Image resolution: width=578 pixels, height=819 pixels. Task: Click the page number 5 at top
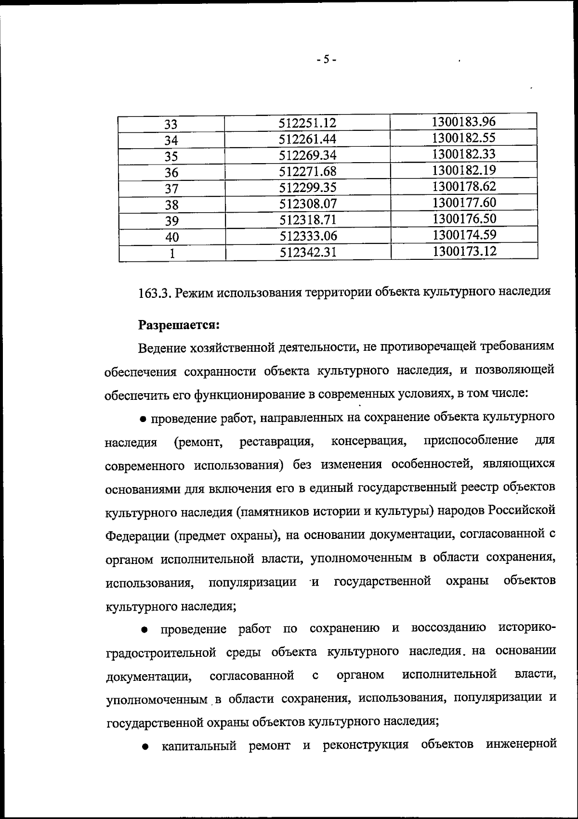[327, 60]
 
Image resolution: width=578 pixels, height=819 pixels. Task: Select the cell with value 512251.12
[307, 123]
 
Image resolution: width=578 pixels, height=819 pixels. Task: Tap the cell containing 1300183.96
[464, 122]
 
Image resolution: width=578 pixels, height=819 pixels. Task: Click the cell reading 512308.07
[308, 204]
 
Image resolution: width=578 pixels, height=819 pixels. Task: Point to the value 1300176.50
[464, 218]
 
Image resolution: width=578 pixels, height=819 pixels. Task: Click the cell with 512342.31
[308, 252]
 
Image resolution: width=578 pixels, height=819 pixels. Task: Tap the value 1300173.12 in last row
[464, 251]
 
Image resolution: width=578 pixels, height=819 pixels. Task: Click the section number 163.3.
[154, 293]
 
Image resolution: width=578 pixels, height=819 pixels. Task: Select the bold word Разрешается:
[179, 325]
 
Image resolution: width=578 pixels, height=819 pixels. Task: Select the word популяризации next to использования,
[252, 582]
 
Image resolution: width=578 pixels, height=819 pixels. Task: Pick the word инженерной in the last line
[521, 744]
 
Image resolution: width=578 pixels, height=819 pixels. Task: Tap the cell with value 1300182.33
[464, 154]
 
